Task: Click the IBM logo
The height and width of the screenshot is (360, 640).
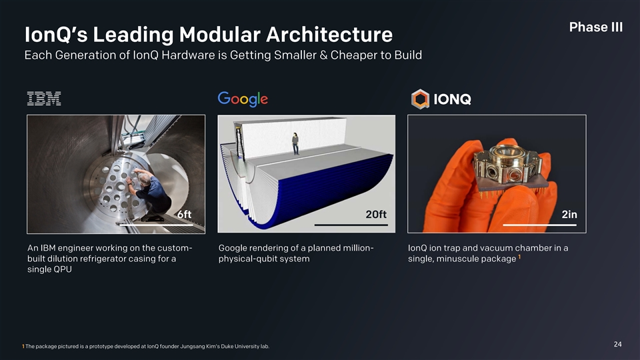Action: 44,99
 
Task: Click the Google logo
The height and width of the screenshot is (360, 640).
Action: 243,99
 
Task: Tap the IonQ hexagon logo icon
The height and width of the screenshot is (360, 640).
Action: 420,99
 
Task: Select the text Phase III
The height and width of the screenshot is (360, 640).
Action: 596,27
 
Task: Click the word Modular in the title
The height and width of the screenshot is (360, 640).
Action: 219,34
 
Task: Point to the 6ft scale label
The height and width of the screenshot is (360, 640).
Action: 185,214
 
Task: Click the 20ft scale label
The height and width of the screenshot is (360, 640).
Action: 376,214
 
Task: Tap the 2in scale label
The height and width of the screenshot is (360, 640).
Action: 569,214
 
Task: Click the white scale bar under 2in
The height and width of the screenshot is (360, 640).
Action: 539,225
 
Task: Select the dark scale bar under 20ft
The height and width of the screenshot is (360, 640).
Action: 351,225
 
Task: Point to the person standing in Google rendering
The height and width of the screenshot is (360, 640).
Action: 295,144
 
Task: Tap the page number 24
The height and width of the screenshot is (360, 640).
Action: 617,344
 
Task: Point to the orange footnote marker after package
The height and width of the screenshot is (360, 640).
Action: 519,257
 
